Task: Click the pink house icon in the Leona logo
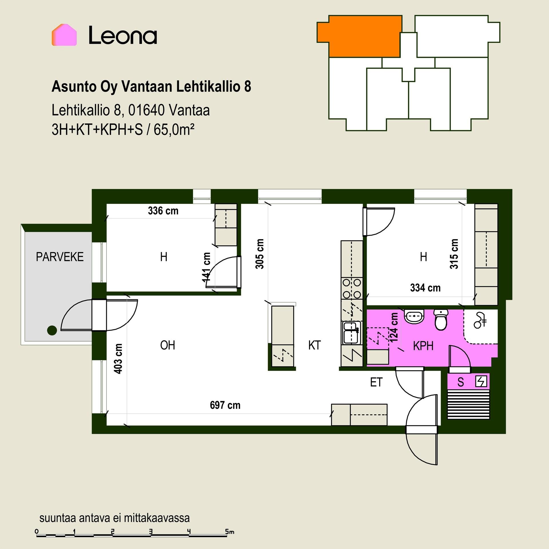pos(64,35)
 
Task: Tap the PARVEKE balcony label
pos(60,257)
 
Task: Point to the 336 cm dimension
pos(163,211)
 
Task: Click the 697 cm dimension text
pos(225,405)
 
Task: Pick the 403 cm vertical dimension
pos(118,359)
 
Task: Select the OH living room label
pos(168,345)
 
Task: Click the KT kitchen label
pos(315,345)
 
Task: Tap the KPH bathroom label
pos(423,346)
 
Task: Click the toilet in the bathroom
pos(441,320)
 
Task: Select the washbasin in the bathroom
pos(414,317)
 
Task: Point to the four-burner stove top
pos(352,289)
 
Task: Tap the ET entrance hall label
pos(376,382)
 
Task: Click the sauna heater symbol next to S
pos(481,382)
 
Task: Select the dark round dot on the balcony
pos(52,331)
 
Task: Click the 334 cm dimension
pos(425,288)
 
